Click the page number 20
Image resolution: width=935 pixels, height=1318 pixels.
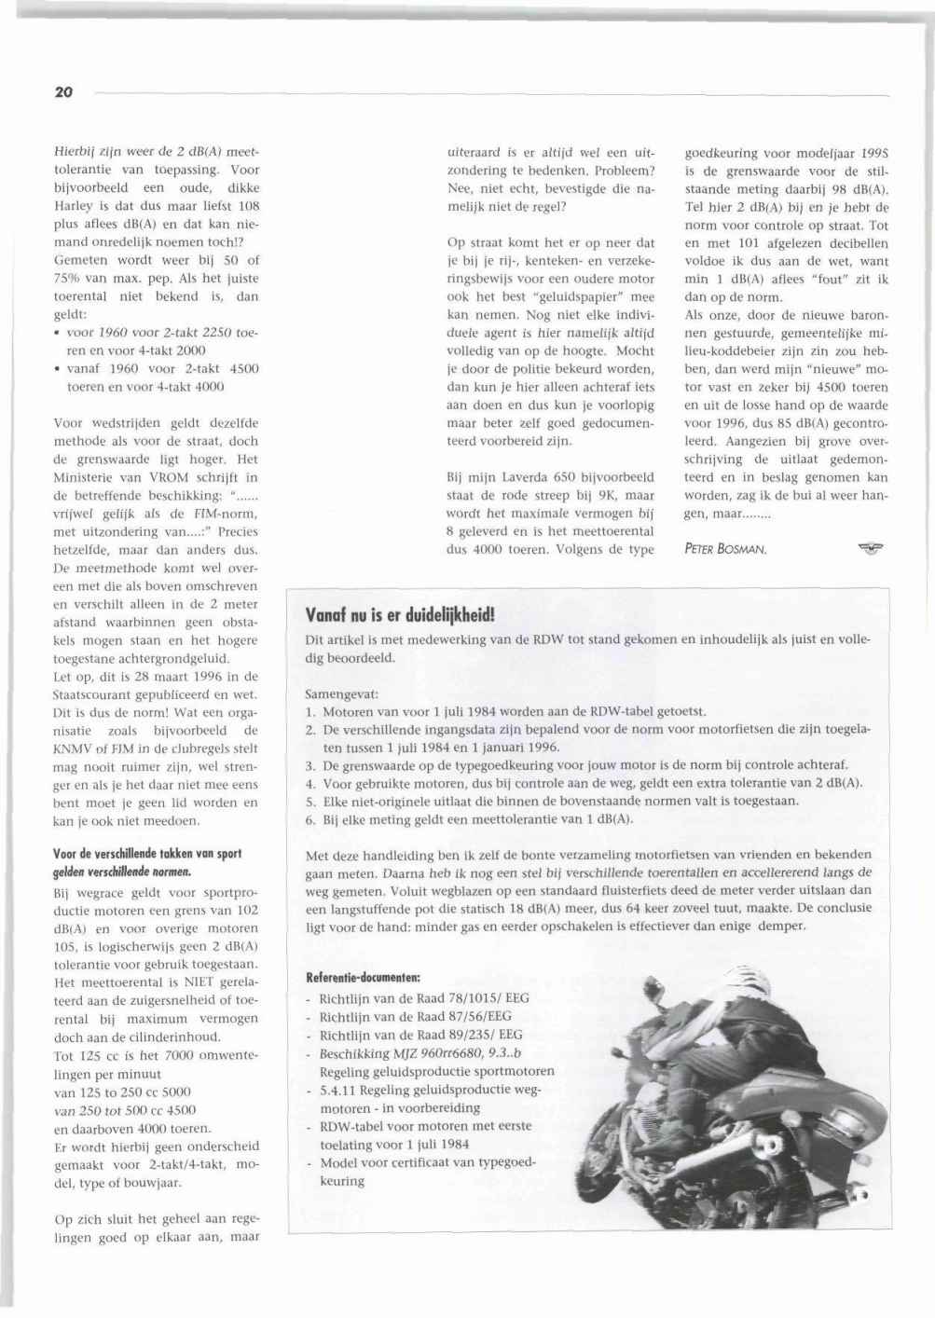[63, 91]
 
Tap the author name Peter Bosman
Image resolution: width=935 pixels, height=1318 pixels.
[725, 549]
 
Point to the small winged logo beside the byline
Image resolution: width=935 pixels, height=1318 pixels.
[869, 547]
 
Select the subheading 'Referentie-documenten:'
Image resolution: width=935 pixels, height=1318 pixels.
[364, 978]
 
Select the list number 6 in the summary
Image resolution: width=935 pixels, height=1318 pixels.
[310, 819]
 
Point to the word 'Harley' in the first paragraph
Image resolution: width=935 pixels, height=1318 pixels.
[73, 206]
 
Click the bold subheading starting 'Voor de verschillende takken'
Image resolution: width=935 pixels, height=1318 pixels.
[147, 854]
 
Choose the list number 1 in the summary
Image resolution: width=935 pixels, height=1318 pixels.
[310, 711]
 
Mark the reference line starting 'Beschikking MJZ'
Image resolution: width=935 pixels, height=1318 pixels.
[420, 1053]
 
